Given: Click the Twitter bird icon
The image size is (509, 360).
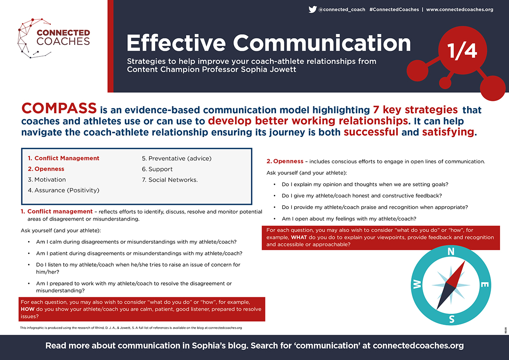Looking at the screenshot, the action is coord(312,9).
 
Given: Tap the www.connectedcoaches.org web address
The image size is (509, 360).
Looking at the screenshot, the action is coord(460,9).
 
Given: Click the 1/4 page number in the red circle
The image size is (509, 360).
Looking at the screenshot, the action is coord(462,50).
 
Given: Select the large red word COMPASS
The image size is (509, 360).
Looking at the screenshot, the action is coord(59,108).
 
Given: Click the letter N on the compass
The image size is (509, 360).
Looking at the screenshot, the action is coord(451,251).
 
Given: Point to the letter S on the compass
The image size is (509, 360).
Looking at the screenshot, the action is coord(452,319).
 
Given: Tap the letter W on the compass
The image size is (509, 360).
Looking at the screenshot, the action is coord(417,284).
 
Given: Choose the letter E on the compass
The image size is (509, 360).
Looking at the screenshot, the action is coord(484,285).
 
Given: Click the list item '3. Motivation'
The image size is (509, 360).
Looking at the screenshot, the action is coord(47,180).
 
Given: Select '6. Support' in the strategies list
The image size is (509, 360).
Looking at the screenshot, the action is coord(157,169).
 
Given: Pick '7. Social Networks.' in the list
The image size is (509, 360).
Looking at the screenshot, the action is coord(170,180).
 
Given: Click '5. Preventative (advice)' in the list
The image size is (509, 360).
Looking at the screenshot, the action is coord(177,159).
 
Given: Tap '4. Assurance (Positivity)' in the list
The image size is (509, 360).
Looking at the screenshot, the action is coord(64,190).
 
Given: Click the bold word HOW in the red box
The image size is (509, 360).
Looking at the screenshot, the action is coord(28,309).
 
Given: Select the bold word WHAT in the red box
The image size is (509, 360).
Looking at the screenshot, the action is coord(299,237).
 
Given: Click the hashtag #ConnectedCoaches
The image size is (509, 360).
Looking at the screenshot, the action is coord(394,9).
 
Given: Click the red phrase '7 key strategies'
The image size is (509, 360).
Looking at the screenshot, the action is coord(415,110).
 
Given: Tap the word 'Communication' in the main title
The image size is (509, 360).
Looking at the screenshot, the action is coord(322,43).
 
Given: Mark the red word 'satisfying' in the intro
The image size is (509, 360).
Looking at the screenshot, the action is coord(448,132).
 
